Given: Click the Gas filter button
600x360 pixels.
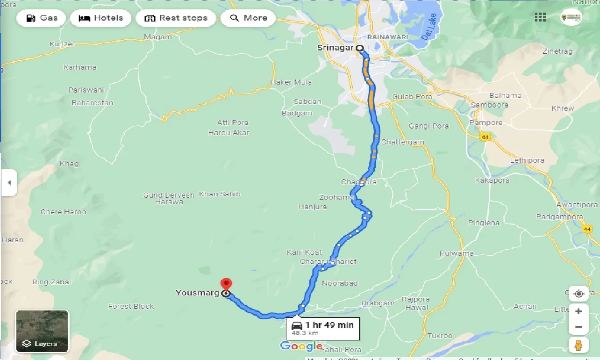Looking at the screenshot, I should pos(41,18).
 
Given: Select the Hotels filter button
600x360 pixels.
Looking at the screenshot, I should pos(101,18).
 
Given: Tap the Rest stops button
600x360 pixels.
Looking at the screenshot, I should pos(176,18).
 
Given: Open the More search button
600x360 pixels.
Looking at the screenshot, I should pos(248,18).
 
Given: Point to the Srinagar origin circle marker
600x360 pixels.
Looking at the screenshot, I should pos(360,48).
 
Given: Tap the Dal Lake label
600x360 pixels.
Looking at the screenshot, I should pos(431,26).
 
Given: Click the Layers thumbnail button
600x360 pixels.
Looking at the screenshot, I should pos(43,331).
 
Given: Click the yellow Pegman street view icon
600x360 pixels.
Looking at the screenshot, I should pos(579,345).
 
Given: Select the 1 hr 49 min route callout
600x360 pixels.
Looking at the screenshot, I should pos(323,328).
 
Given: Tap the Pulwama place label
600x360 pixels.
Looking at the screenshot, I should pos(457,253).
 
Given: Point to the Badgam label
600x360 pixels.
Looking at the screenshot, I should pos(297,113).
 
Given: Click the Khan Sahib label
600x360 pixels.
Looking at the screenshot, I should pos(220,194).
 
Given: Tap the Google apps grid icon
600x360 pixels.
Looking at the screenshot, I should pos(540,17).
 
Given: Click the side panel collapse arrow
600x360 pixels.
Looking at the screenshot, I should pos(8,182).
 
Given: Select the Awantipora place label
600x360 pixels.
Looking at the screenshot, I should pos(577,205).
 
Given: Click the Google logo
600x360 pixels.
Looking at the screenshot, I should pos(301,346).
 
